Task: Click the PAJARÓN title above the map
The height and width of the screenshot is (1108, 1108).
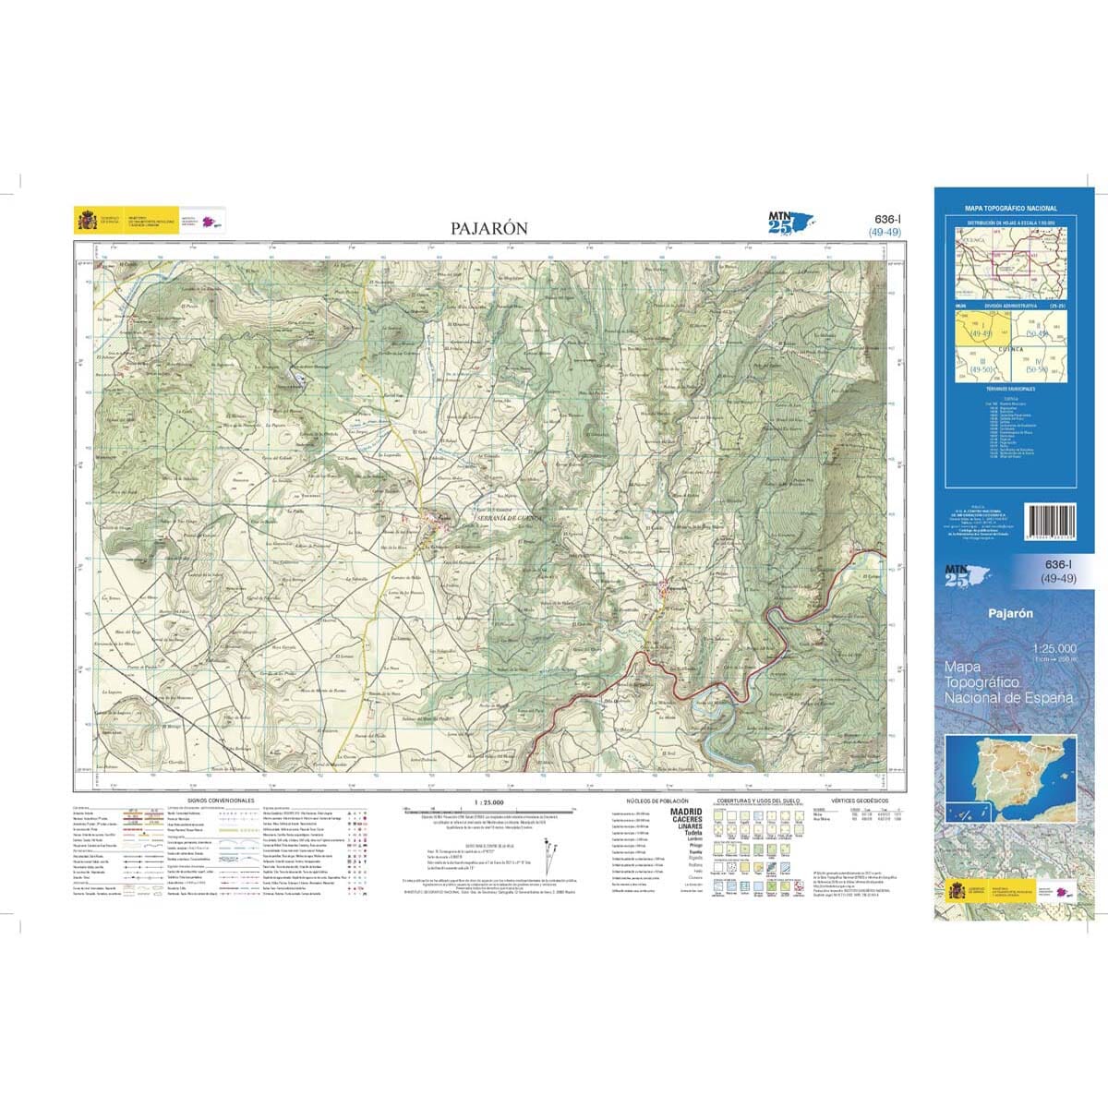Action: point(488,227)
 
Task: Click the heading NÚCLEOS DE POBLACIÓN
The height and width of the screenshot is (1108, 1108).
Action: point(657,801)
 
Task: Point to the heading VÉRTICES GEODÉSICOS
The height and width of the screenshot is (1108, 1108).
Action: point(859,801)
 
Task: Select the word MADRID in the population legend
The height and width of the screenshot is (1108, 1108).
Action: point(684,811)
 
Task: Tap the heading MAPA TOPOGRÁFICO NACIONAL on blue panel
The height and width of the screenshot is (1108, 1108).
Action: point(1011,210)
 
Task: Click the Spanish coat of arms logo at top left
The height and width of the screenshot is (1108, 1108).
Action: point(86,221)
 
